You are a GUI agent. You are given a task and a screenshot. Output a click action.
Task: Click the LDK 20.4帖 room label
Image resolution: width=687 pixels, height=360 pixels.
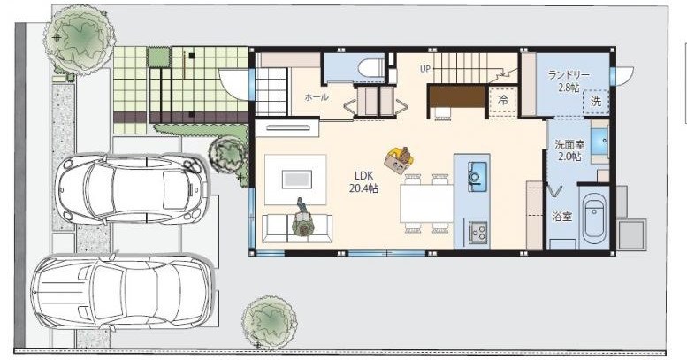363,182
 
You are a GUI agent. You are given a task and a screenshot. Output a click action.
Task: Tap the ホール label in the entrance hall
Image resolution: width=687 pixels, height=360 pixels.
317,97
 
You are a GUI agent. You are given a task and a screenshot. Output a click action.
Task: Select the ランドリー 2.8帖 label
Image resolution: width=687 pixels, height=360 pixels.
569,81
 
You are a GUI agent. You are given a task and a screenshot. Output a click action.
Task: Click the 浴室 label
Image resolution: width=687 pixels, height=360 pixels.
562,216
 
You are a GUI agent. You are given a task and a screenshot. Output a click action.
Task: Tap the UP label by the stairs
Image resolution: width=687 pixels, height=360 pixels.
425,69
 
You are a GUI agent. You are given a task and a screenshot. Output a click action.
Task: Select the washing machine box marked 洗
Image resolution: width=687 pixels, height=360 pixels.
596,103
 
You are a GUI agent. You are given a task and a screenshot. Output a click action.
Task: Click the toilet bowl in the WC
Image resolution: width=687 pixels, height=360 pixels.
370,69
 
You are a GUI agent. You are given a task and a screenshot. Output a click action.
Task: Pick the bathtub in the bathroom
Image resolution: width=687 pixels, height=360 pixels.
595,223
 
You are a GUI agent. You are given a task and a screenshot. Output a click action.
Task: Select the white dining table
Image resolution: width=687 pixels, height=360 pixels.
426,203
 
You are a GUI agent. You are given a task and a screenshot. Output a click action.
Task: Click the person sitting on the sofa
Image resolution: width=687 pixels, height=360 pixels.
302,218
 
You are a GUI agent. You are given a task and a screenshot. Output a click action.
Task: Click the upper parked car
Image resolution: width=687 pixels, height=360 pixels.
131,189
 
